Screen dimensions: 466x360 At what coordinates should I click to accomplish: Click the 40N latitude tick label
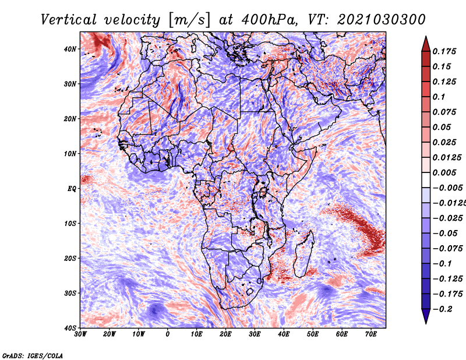tap(70, 49)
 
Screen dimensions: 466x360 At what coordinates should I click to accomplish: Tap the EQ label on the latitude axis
tap(72, 189)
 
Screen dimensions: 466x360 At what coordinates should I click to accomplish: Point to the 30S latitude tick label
tap(70, 293)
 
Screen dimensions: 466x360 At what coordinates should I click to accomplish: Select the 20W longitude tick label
tap(110, 334)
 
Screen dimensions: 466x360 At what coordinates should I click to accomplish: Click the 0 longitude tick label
tap(168, 334)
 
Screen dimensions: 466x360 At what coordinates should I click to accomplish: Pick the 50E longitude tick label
tap(313, 334)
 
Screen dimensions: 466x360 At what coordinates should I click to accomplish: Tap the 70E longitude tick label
tap(370, 334)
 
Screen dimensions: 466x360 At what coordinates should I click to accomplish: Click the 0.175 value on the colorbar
tap(444, 51)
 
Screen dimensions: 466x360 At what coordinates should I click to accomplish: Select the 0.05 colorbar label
tap(442, 127)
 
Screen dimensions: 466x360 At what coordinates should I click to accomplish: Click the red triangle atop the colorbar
tap(426, 44)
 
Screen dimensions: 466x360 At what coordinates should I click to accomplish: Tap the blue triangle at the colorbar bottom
tap(426, 316)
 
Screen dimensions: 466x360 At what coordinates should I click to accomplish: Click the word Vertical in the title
tap(69, 20)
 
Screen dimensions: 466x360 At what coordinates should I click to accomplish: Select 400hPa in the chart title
tap(269, 20)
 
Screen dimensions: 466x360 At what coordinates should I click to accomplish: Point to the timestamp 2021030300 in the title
tap(382, 20)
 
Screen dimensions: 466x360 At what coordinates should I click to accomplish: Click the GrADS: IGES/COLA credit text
tap(33, 355)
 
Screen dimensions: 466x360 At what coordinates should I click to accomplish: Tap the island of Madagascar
tap(303, 255)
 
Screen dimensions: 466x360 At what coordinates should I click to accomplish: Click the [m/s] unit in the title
tap(189, 20)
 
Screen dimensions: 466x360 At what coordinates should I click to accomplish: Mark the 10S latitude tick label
tap(70, 223)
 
